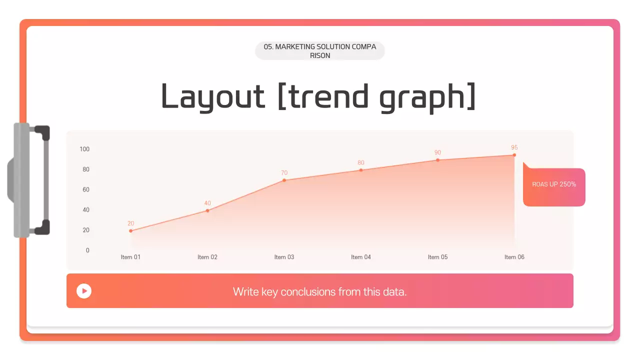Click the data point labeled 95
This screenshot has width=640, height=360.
514,155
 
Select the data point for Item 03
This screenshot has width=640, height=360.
284,180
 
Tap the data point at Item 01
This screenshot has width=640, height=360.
130,231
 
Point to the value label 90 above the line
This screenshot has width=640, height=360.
437,152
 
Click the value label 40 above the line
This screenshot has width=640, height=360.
207,203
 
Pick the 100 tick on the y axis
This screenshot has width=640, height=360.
84,149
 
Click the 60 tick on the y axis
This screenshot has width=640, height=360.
86,189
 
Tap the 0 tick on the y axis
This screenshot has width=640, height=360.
87,250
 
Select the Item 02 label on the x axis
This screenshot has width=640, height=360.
207,257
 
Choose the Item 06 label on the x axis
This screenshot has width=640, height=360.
514,257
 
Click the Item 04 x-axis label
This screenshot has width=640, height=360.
361,257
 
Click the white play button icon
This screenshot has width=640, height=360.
84,291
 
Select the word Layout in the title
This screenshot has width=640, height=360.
213,96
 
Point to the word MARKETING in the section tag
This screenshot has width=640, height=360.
295,47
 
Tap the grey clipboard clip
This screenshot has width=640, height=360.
28,180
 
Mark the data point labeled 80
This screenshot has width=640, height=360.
361,170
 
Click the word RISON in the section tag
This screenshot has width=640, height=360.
320,55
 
